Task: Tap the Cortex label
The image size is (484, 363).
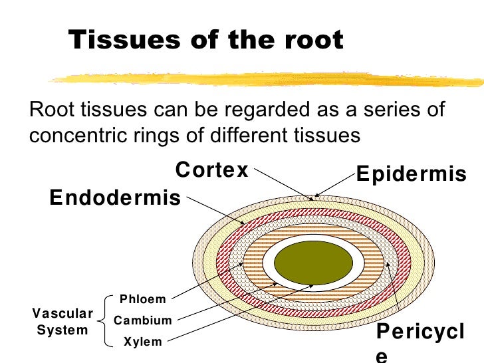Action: click(211, 170)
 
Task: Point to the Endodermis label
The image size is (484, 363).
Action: click(115, 197)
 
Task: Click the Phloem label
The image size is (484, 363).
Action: click(142, 300)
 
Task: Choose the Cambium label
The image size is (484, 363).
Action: click(143, 320)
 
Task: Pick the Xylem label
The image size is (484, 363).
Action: click(143, 342)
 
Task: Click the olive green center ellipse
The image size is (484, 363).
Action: click(314, 261)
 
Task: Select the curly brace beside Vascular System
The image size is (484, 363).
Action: click(104, 320)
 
